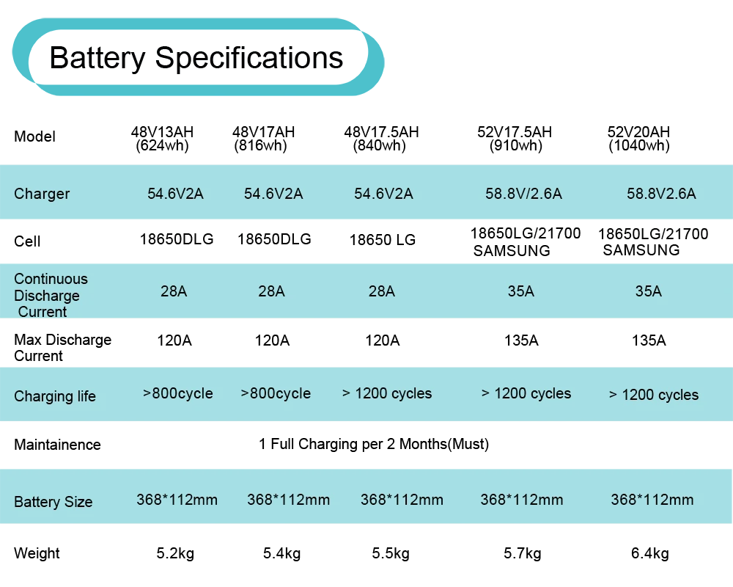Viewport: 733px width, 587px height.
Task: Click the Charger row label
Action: tap(42, 194)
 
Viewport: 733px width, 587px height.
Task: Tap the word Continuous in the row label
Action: tap(51, 279)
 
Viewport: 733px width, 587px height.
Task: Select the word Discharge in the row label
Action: tap(47, 296)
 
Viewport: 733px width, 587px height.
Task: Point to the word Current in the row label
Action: tap(43, 312)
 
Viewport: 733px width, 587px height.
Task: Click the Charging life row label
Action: tap(55, 396)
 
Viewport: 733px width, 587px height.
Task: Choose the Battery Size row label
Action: tap(53, 503)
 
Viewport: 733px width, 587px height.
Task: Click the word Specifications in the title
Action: tap(249, 58)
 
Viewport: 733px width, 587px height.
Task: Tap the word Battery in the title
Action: tap(96, 58)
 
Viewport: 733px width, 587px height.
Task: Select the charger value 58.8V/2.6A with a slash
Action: tap(523, 194)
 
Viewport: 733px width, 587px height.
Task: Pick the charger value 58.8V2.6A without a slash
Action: tap(661, 194)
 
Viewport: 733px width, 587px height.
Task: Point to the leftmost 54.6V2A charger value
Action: tap(175, 194)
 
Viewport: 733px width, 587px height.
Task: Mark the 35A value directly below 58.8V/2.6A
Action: tap(520, 291)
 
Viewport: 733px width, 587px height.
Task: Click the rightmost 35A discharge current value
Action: tap(648, 291)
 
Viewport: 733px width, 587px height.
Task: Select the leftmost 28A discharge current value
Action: tap(174, 291)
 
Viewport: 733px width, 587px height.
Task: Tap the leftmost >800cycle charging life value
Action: tap(178, 393)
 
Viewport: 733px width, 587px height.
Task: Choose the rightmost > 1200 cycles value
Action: tap(654, 395)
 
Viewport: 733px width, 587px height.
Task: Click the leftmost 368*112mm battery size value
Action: tap(177, 500)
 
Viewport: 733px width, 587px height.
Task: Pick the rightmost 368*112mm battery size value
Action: tap(652, 500)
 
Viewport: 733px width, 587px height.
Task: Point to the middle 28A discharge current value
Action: tap(271, 291)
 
